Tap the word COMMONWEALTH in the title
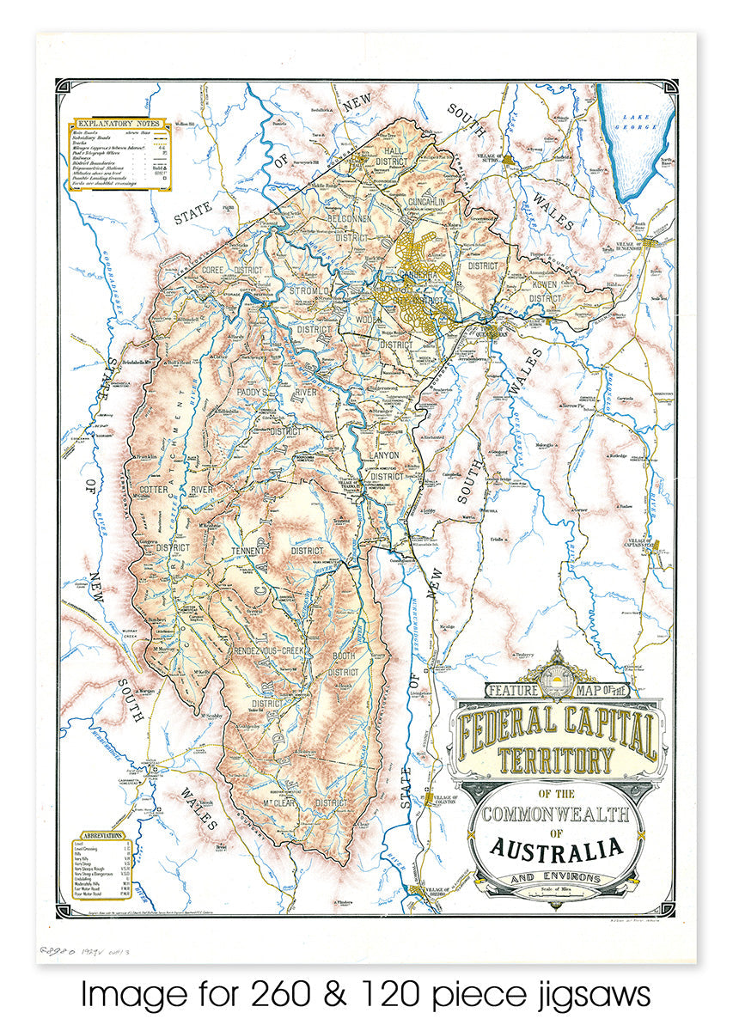tap(556, 813)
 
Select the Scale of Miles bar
tap(557, 891)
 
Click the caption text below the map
tap(366, 996)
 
